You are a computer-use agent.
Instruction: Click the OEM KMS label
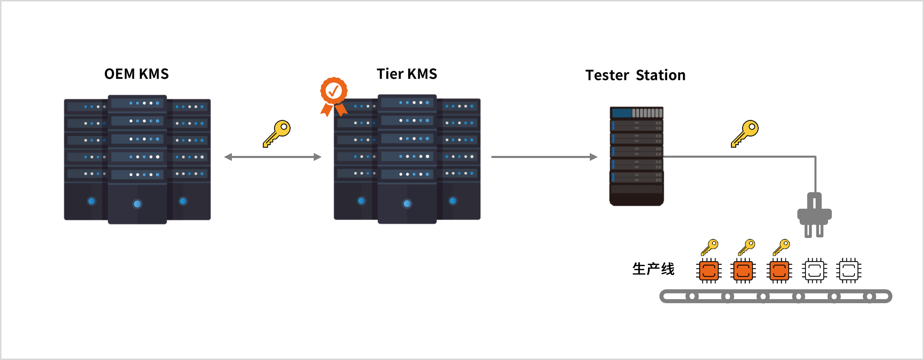click(136, 74)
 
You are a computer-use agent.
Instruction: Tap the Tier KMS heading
click(407, 74)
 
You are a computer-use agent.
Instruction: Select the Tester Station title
click(635, 75)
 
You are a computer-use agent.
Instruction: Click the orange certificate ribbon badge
click(334, 95)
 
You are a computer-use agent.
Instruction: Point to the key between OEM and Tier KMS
click(277, 133)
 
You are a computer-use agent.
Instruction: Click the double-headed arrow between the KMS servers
click(273, 157)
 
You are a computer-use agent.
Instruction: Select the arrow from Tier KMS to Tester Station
click(544, 157)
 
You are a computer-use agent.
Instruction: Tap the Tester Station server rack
click(637, 156)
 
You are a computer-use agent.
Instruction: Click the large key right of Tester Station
click(745, 133)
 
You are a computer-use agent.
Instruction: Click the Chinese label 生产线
click(653, 269)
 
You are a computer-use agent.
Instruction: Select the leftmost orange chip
click(709, 271)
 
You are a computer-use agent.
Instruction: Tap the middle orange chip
click(743, 271)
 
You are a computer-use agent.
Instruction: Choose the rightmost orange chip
click(779, 271)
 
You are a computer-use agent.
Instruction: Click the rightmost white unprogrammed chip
click(849, 271)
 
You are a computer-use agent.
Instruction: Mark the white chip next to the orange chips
click(814, 271)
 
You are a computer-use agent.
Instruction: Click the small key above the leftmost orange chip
click(710, 247)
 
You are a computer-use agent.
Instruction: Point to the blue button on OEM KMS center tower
click(137, 204)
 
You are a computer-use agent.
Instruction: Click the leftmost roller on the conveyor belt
click(692, 296)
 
